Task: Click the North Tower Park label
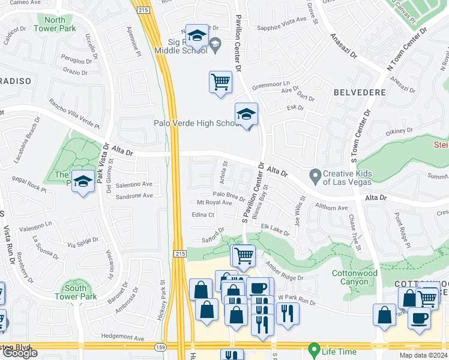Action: pyautogui.click(x=55, y=24)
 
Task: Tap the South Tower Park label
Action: pyautogui.click(x=75, y=292)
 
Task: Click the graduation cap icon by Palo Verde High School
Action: pyautogui.click(x=246, y=115)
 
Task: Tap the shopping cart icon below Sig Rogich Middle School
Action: pyautogui.click(x=220, y=82)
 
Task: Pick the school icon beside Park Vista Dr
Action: pyautogui.click(x=83, y=182)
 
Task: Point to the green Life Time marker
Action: pyautogui.click(x=313, y=349)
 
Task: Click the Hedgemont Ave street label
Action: pyautogui.click(x=122, y=338)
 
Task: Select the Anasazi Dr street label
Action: pyautogui.click(x=343, y=45)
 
